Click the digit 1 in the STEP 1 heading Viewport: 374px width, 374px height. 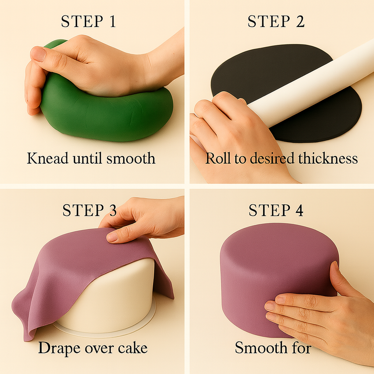113,21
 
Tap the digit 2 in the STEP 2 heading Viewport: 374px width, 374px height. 300,21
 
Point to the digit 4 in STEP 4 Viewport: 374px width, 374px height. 299,210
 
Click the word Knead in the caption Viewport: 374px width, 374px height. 48,158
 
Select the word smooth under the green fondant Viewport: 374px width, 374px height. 131,158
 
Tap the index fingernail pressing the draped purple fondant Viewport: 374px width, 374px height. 112,237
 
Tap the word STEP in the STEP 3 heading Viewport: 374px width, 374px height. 83,210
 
